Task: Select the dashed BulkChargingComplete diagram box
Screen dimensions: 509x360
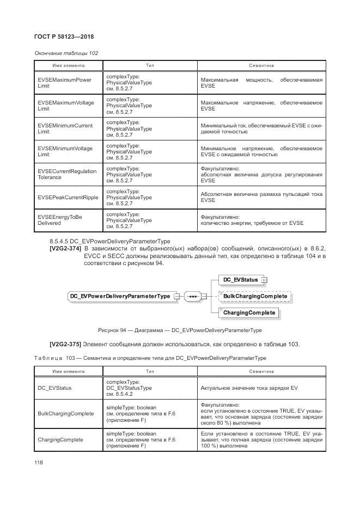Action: (255, 296)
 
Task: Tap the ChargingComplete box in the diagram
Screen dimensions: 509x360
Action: (249, 312)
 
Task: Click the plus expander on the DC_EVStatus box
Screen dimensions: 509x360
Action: (265, 280)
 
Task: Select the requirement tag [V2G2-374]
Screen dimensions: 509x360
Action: (65, 248)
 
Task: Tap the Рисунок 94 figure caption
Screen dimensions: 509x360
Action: (180, 330)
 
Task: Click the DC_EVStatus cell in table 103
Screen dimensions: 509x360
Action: (54, 388)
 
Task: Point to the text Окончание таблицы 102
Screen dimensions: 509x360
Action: (66, 53)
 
